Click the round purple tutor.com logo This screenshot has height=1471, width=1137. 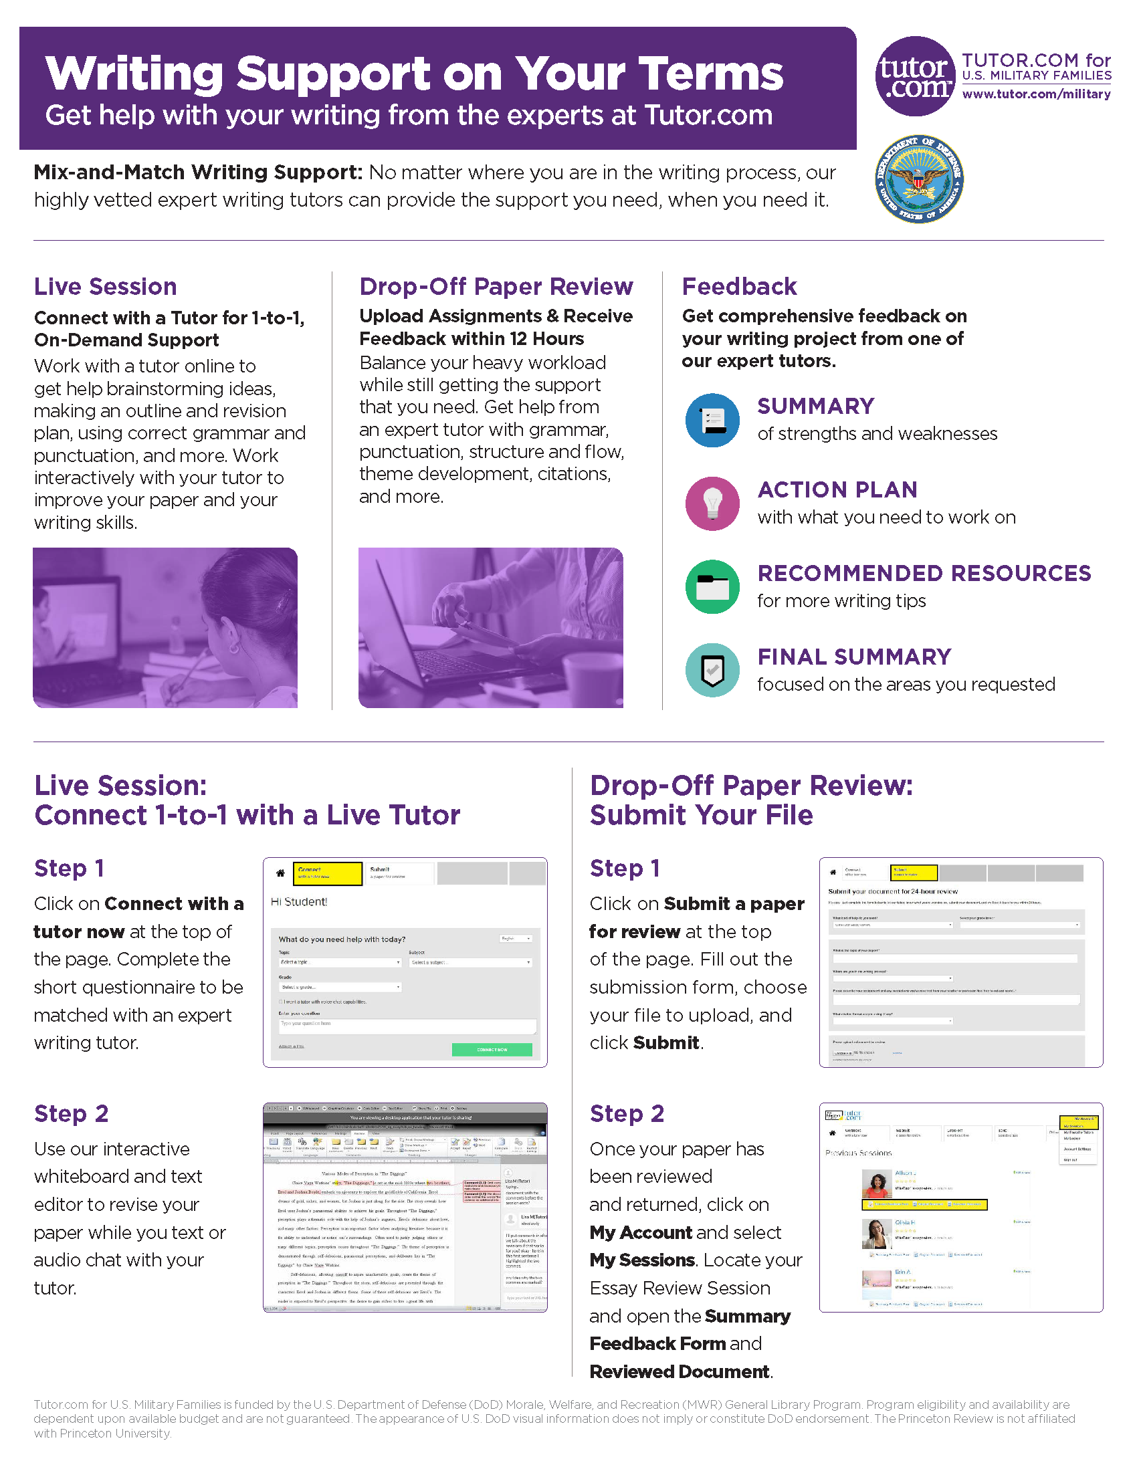(x=914, y=76)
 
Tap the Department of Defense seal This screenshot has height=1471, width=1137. (x=919, y=179)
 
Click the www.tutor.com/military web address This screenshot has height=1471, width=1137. (x=1036, y=94)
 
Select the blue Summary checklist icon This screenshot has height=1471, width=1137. (x=712, y=421)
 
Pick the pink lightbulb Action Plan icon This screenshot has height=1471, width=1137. (x=712, y=503)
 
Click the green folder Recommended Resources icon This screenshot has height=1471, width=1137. (x=712, y=586)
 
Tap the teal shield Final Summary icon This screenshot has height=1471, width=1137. (x=712, y=670)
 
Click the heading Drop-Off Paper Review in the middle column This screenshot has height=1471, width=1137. (x=496, y=286)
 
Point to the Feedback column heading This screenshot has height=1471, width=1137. (x=739, y=286)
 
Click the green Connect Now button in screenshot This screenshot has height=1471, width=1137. (x=492, y=1049)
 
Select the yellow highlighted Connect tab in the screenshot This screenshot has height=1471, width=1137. (x=327, y=873)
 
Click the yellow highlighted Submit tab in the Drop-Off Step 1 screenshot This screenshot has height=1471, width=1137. (x=914, y=872)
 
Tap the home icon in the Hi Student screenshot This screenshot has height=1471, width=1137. (x=280, y=874)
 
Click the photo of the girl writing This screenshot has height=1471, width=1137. (x=165, y=627)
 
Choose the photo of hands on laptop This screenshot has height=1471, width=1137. (x=490, y=627)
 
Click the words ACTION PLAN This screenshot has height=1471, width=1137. (x=837, y=489)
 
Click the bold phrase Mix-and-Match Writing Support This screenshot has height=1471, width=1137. (x=198, y=173)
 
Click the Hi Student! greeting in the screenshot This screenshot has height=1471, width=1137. (x=299, y=902)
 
